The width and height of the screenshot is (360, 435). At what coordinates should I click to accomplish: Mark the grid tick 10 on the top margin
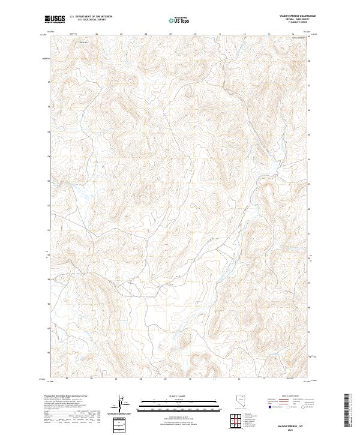click(x=196, y=34)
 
